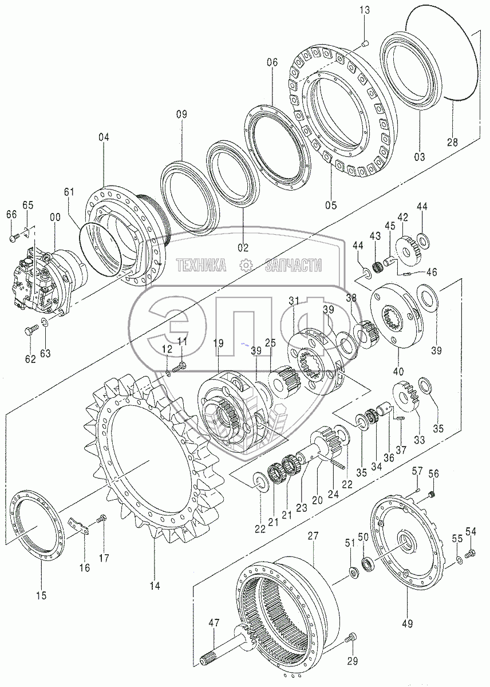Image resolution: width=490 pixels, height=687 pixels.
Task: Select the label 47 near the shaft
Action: [214, 623]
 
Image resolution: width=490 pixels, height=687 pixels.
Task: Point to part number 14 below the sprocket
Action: [155, 585]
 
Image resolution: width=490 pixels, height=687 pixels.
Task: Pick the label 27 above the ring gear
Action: [312, 536]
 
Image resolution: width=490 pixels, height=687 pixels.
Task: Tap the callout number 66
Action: [11, 215]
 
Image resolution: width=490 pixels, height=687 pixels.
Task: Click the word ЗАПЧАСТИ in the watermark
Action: [293, 265]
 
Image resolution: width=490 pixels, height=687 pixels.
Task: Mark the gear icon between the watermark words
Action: [246, 265]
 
